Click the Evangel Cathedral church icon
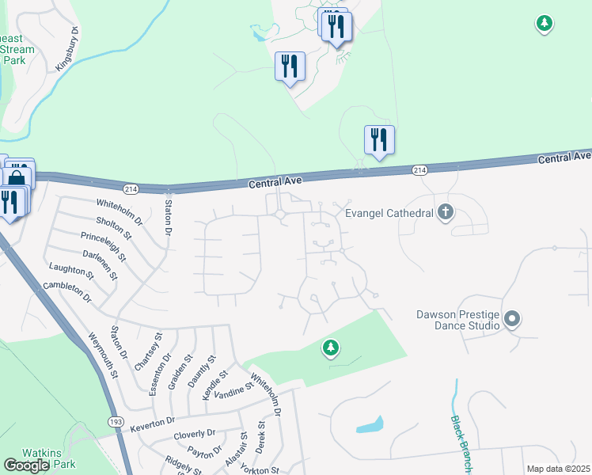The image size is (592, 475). point(446,212)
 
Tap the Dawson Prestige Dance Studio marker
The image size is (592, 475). point(512,320)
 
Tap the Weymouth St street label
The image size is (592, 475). point(104,355)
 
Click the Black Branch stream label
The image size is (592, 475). point(461,444)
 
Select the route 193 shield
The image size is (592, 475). point(117,424)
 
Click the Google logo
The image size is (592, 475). point(26,465)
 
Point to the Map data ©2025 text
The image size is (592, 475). point(557,469)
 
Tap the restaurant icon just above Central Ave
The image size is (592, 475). point(379,140)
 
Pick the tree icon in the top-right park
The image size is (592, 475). point(544,24)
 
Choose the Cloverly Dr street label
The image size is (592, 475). point(195,435)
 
